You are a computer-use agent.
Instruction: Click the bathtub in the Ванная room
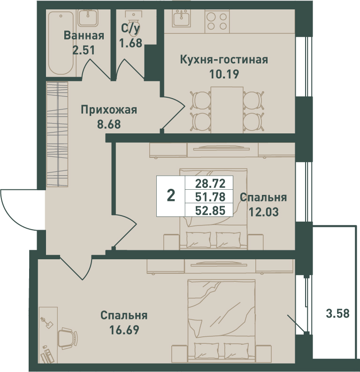pyautogui.click(x=61, y=43)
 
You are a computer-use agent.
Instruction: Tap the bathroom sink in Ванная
pyautogui.click(x=88, y=18)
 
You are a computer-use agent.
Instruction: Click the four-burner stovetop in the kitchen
pyautogui.click(x=217, y=21)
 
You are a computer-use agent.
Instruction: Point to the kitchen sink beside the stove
pyautogui.click(x=182, y=18)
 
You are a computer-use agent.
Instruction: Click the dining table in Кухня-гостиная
pyautogui.click(x=227, y=110)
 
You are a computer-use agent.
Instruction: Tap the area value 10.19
pyautogui.click(x=224, y=74)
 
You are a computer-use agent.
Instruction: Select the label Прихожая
pyautogui.click(x=109, y=110)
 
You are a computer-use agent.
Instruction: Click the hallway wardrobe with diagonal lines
pyautogui.click(x=57, y=134)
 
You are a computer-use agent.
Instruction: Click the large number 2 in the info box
pyautogui.click(x=171, y=196)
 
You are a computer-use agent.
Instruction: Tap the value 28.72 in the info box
pyautogui.click(x=210, y=183)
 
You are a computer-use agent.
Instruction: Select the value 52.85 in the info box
pyautogui.click(x=210, y=210)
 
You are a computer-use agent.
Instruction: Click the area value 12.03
pyautogui.click(x=263, y=212)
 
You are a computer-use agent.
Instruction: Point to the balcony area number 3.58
pyautogui.click(x=338, y=314)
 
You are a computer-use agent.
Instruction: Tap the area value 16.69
pyautogui.click(x=124, y=330)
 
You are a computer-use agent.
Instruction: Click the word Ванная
pyautogui.click(x=84, y=36)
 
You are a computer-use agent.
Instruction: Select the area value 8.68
pyautogui.click(x=109, y=124)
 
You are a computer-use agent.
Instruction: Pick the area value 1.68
pyautogui.click(x=130, y=43)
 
